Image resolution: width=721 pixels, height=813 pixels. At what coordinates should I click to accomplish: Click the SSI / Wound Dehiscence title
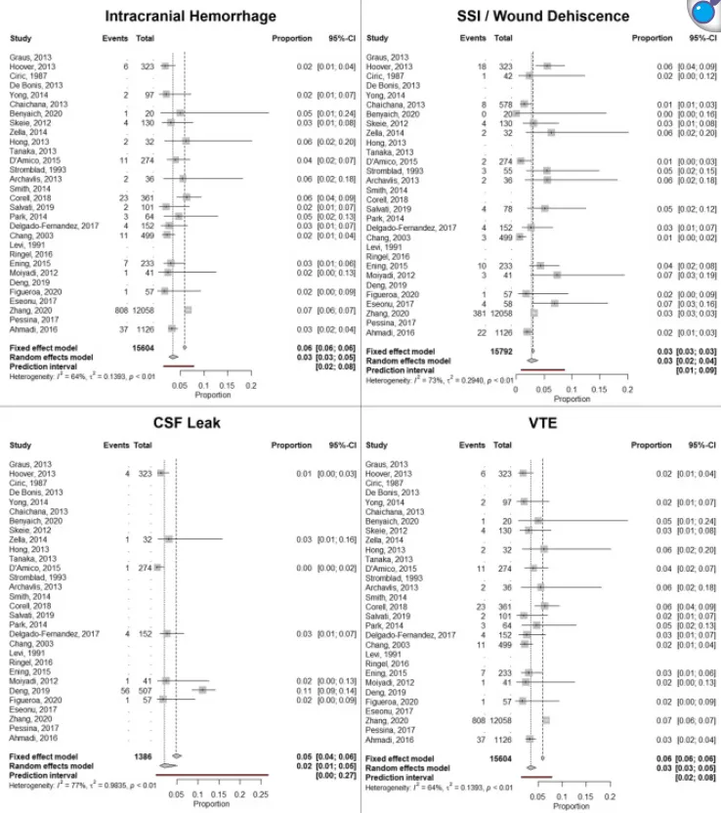pos(539,16)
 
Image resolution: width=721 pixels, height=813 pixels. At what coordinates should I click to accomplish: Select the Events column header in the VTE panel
pos(473,445)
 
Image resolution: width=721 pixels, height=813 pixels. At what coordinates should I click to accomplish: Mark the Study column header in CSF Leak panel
pos(21,445)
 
